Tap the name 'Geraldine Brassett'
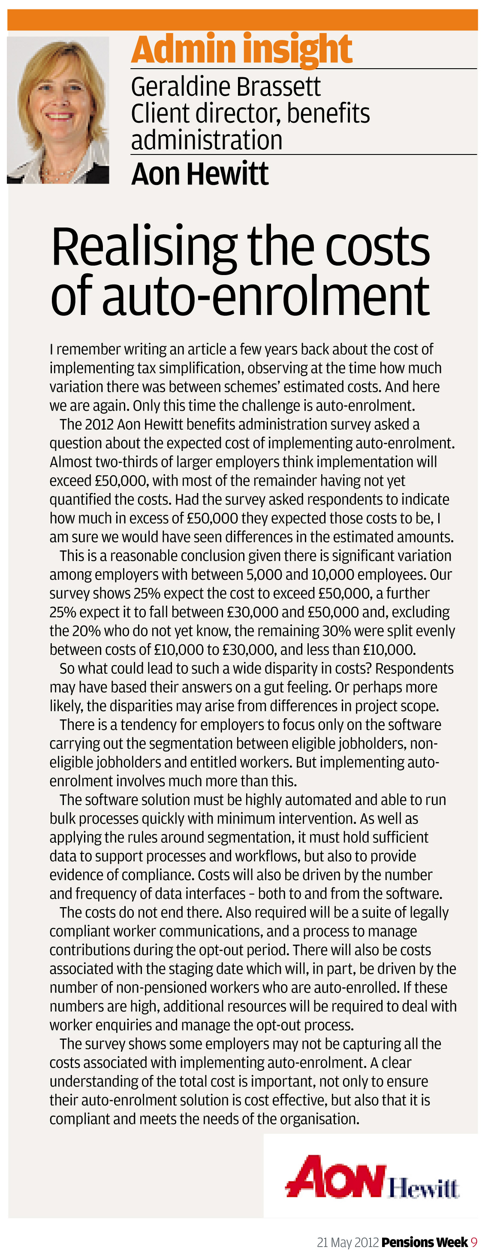coord(226,87)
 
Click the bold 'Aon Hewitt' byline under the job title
coord(199,174)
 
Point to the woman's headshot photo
coord(58,110)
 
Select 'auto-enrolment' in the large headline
coord(265,295)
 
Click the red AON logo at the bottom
coord(335,1177)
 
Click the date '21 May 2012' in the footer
coord(347,1242)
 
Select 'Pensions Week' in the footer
coord(425,1242)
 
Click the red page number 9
coord(474,1242)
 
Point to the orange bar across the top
coord(242,20)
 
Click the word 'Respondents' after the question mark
coord(414,668)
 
